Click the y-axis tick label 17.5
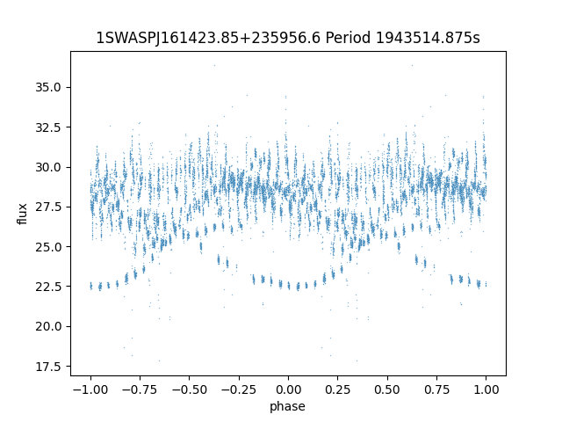tap(49, 366)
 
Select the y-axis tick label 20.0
tap(49, 326)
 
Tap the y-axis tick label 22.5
tap(49, 286)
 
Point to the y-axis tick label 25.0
tap(49, 246)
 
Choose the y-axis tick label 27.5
tap(49, 207)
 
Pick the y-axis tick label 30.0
tap(49, 167)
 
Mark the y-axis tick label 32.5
tap(49, 127)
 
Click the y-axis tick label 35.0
tap(49, 87)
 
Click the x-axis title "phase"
tap(288, 406)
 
